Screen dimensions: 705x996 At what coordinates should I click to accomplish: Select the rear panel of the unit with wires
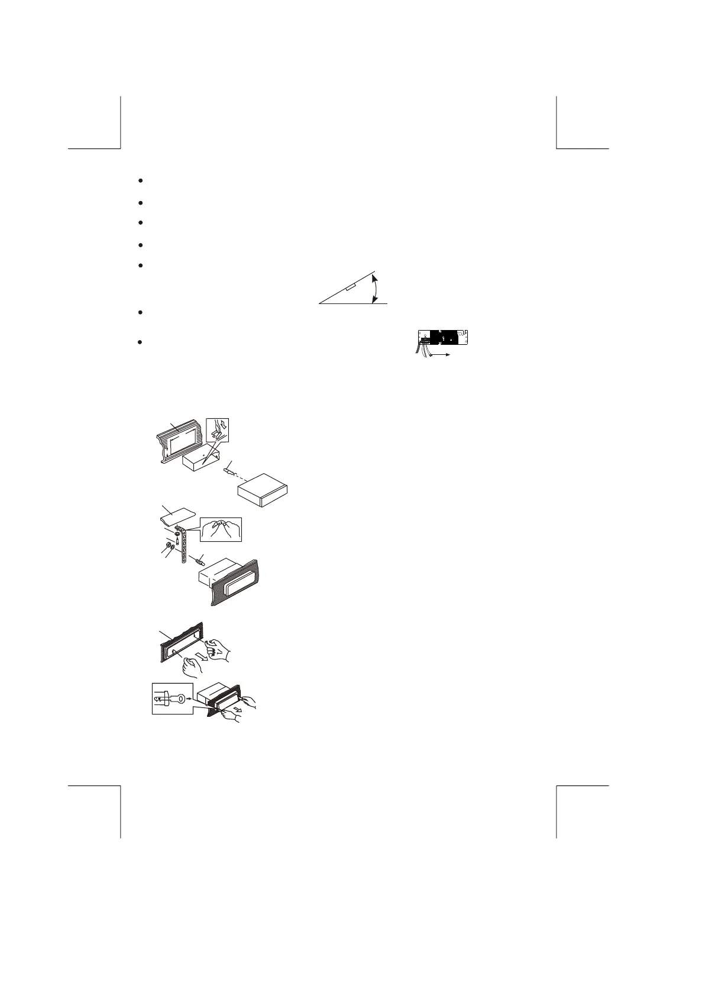(x=444, y=338)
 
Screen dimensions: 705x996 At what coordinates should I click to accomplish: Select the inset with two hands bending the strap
(x=221, y=529)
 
